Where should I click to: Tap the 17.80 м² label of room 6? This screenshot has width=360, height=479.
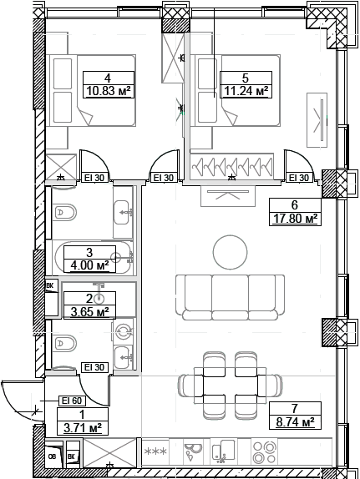[295, 219]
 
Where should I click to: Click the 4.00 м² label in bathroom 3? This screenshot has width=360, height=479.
[89, 265]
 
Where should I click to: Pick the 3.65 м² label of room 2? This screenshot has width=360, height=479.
[89, 312]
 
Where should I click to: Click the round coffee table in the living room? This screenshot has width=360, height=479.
[230, 251]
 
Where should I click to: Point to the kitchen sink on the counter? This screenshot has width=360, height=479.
[195, 456]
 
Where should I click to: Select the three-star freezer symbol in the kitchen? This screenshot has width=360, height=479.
[155, 451]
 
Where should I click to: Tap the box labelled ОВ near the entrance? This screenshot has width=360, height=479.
[53, 456]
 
